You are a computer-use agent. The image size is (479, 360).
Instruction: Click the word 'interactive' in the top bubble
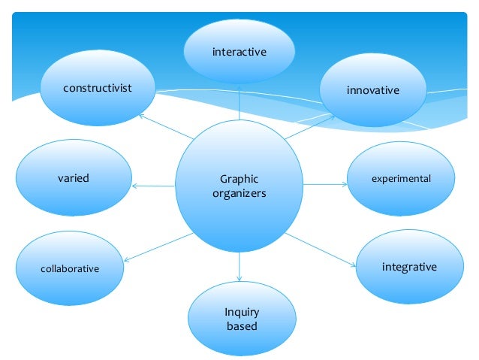[x=239, y=52]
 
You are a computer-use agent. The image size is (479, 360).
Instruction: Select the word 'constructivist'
[x=97, y=88]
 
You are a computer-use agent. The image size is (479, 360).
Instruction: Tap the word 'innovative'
[x=372, y=91]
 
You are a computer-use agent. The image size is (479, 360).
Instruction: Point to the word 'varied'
[x=74, y=178]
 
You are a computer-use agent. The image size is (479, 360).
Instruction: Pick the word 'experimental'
[x=402, y=179]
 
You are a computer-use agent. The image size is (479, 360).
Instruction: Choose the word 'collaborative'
[x=69, y=268]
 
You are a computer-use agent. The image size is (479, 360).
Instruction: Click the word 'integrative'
[x=409, y=267]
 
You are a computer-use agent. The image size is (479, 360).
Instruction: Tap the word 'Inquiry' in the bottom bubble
[x=241, y=312]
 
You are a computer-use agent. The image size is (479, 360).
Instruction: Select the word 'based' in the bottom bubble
[x=241, y=326]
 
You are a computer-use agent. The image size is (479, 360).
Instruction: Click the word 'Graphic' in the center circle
[x=239, y=180]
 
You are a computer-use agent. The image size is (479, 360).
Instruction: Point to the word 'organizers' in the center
[x=239, y=193]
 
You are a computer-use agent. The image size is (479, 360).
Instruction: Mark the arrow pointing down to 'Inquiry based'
[x=239, y=268]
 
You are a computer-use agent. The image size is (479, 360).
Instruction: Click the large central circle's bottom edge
[x=239, y=253]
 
